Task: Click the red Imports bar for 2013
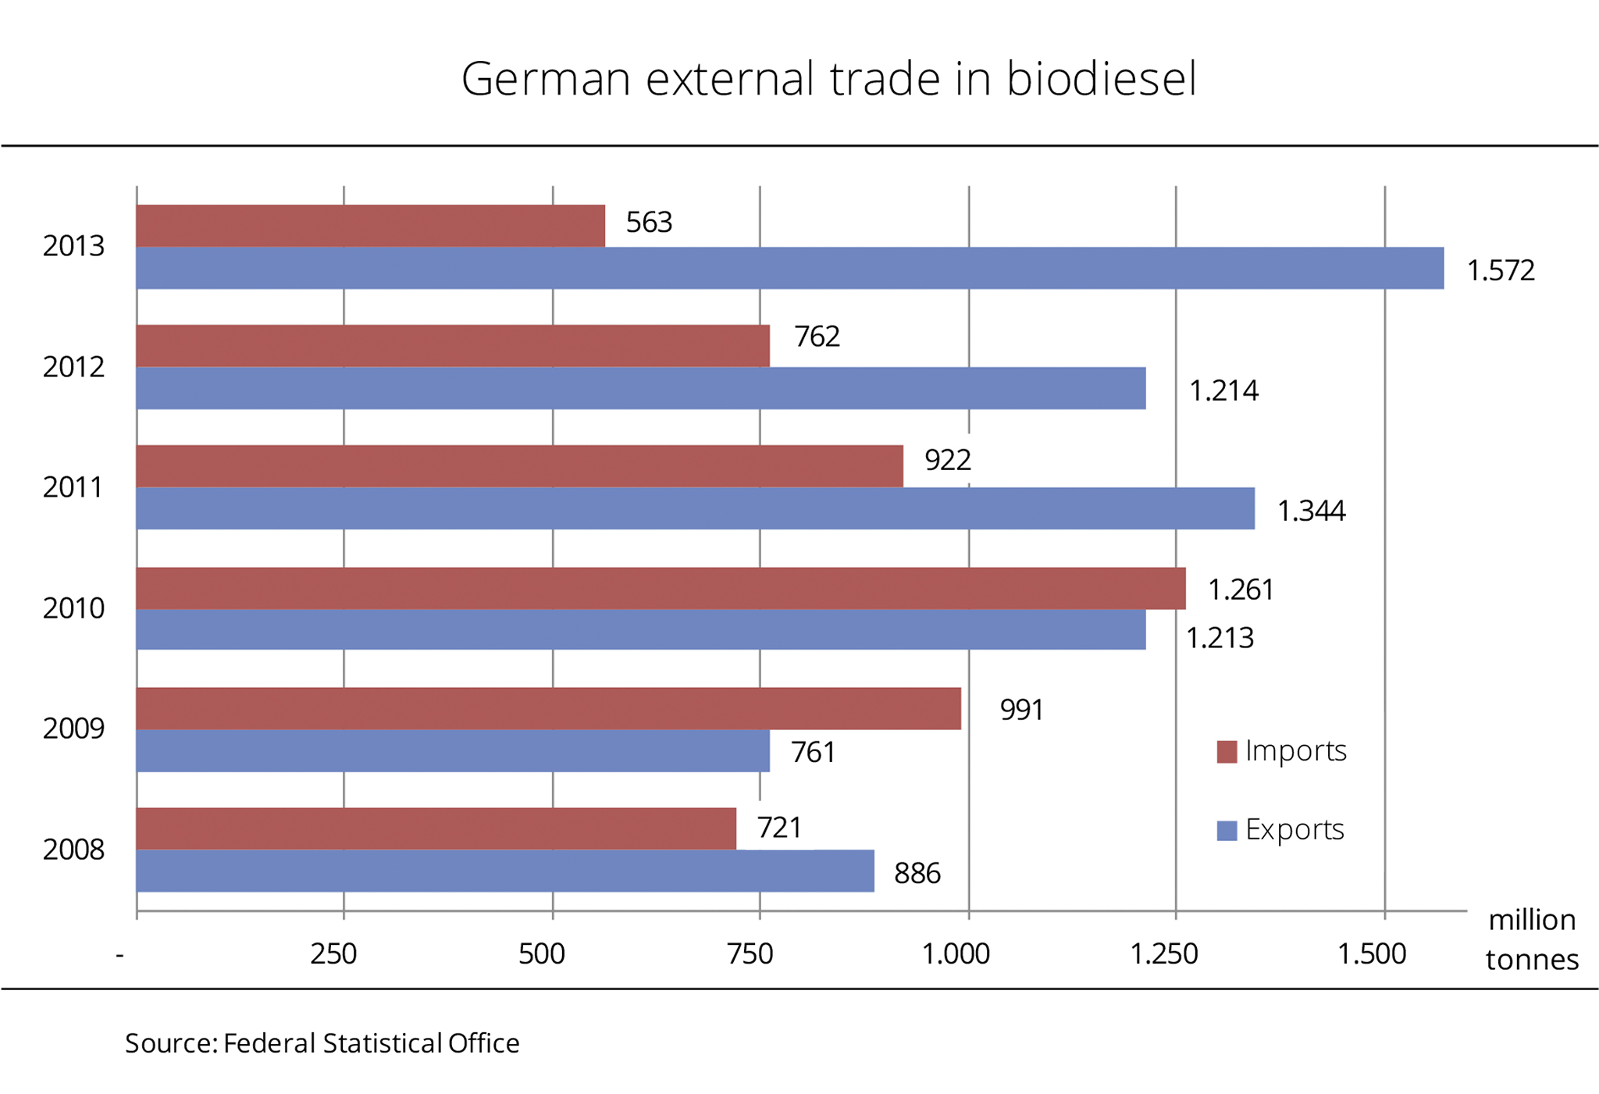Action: pos(370,226)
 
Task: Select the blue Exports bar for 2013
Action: pos(789,268)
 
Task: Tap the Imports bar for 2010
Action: pos(661,588)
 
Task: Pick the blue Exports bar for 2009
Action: pos(453,750)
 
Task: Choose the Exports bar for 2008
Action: pos(505,871)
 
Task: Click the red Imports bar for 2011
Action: pos(519,466)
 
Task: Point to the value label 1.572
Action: pos(1500,270)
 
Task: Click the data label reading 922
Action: pos(947,460)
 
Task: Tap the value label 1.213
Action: pos(1219,638)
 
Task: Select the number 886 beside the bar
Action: pos(917,873)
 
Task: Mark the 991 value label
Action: pos(1021,710)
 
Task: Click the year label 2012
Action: pos(73,367)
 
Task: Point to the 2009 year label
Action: pos(73,729)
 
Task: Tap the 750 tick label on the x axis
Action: pos(750,953)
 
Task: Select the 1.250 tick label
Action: pos(1164,953)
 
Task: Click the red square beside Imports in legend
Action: pos(1227,752)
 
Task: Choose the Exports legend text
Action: pos(1295,829)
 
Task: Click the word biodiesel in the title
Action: pos(1101,79)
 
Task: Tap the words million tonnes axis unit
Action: pos(1531,939)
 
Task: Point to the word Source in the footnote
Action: pos(168,1043)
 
